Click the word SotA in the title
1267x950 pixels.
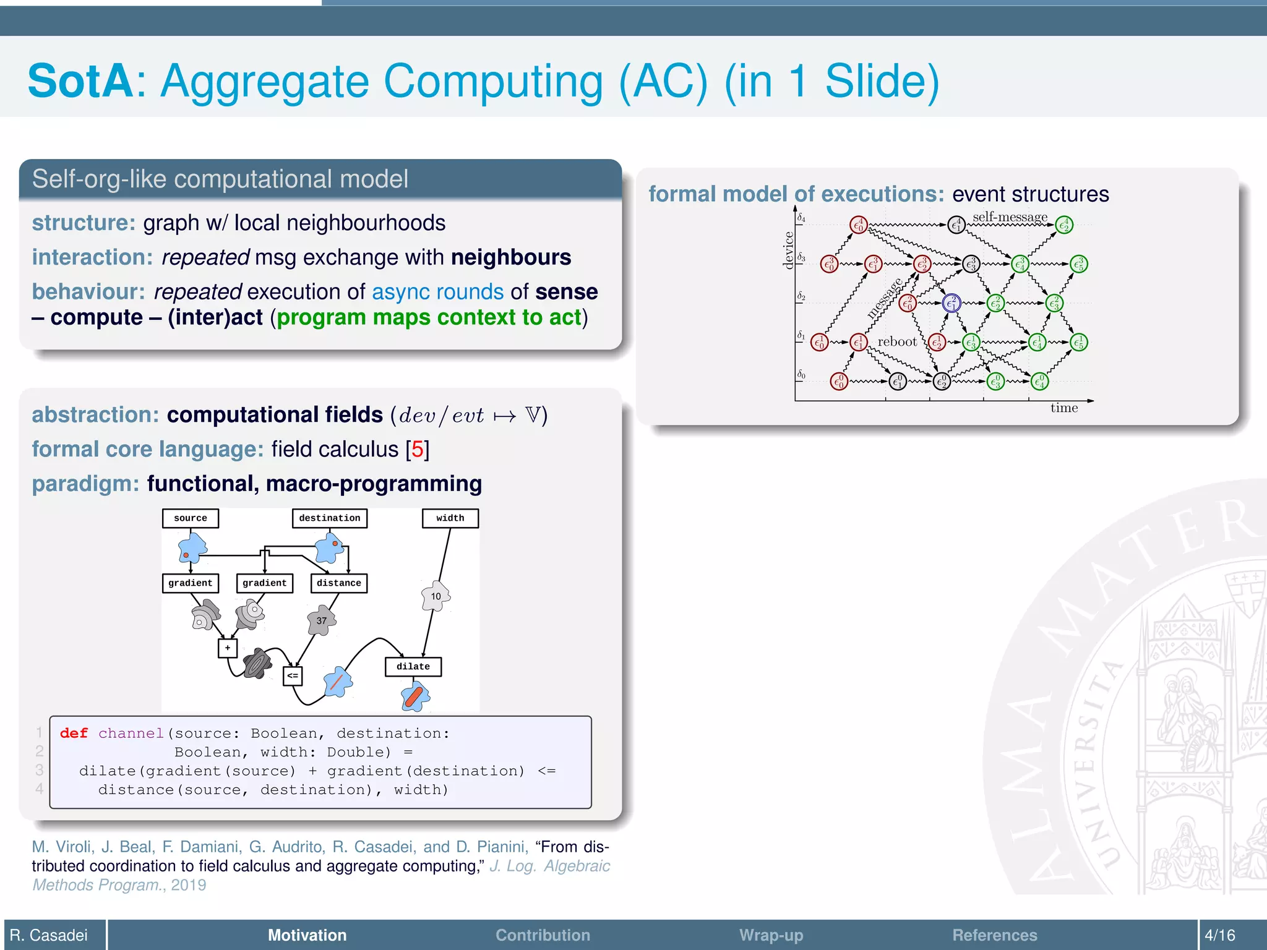80,81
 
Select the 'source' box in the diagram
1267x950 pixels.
190,518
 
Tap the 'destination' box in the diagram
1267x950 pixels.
329,518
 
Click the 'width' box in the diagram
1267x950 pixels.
450,518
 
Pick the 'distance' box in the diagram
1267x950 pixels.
338,583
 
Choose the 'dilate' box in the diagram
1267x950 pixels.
413,667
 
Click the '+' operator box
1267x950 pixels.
228,648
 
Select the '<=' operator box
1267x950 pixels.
293,675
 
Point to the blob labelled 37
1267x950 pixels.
322,620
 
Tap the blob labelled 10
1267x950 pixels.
436,596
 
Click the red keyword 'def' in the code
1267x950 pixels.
74,734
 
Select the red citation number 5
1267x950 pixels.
418,450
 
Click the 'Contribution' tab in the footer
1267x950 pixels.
543,935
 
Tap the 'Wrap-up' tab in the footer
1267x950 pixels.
771,935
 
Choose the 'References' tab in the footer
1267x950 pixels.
994,935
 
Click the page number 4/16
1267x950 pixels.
1220,935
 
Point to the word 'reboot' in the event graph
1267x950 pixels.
897,341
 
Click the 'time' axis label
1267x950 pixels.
1063,408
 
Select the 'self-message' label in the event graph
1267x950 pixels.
1010,216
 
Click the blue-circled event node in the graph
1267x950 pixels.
951,303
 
